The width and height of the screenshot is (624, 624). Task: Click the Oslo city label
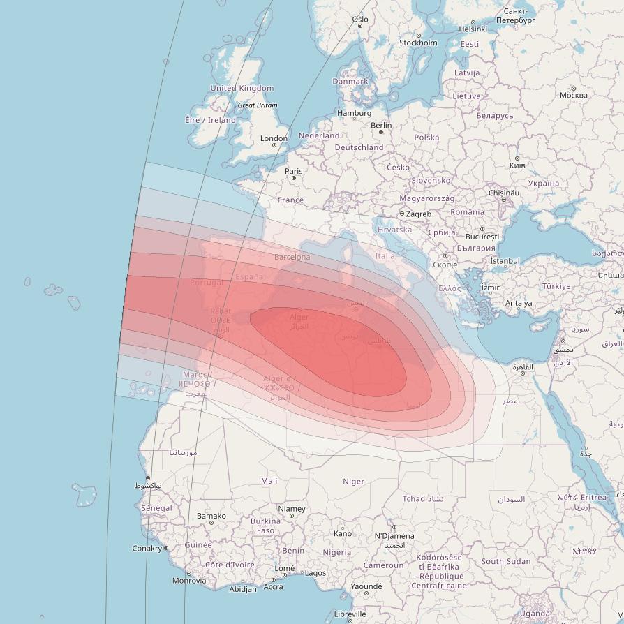(360, 20)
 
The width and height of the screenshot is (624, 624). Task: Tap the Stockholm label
(418, 43)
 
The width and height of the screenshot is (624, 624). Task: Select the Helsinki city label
(473, 29)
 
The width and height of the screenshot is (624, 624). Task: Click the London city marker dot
(274, 146)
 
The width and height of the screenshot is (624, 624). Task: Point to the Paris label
(294, 171)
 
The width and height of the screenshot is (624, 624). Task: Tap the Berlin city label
(381, 125)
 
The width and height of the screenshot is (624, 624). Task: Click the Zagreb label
(419, 214)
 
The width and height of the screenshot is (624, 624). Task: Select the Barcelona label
(292, 257)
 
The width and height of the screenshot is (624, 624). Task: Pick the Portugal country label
(207, 283)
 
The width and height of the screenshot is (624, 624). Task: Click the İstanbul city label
(505, 261)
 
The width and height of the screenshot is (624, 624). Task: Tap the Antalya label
(519, 303)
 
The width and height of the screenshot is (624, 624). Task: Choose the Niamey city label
(292, 509)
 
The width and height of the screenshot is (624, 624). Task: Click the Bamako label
(211, 516)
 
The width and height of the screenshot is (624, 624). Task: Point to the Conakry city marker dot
(166, 549)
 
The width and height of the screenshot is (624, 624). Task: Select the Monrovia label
(189, 580)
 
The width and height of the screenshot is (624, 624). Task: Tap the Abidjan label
(243, 589)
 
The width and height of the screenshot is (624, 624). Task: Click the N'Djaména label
(394, 536)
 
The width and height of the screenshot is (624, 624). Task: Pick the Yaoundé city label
(366, 586)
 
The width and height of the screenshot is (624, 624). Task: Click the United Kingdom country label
(242, 89)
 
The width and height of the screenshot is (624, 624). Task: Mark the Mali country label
(269, 481)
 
